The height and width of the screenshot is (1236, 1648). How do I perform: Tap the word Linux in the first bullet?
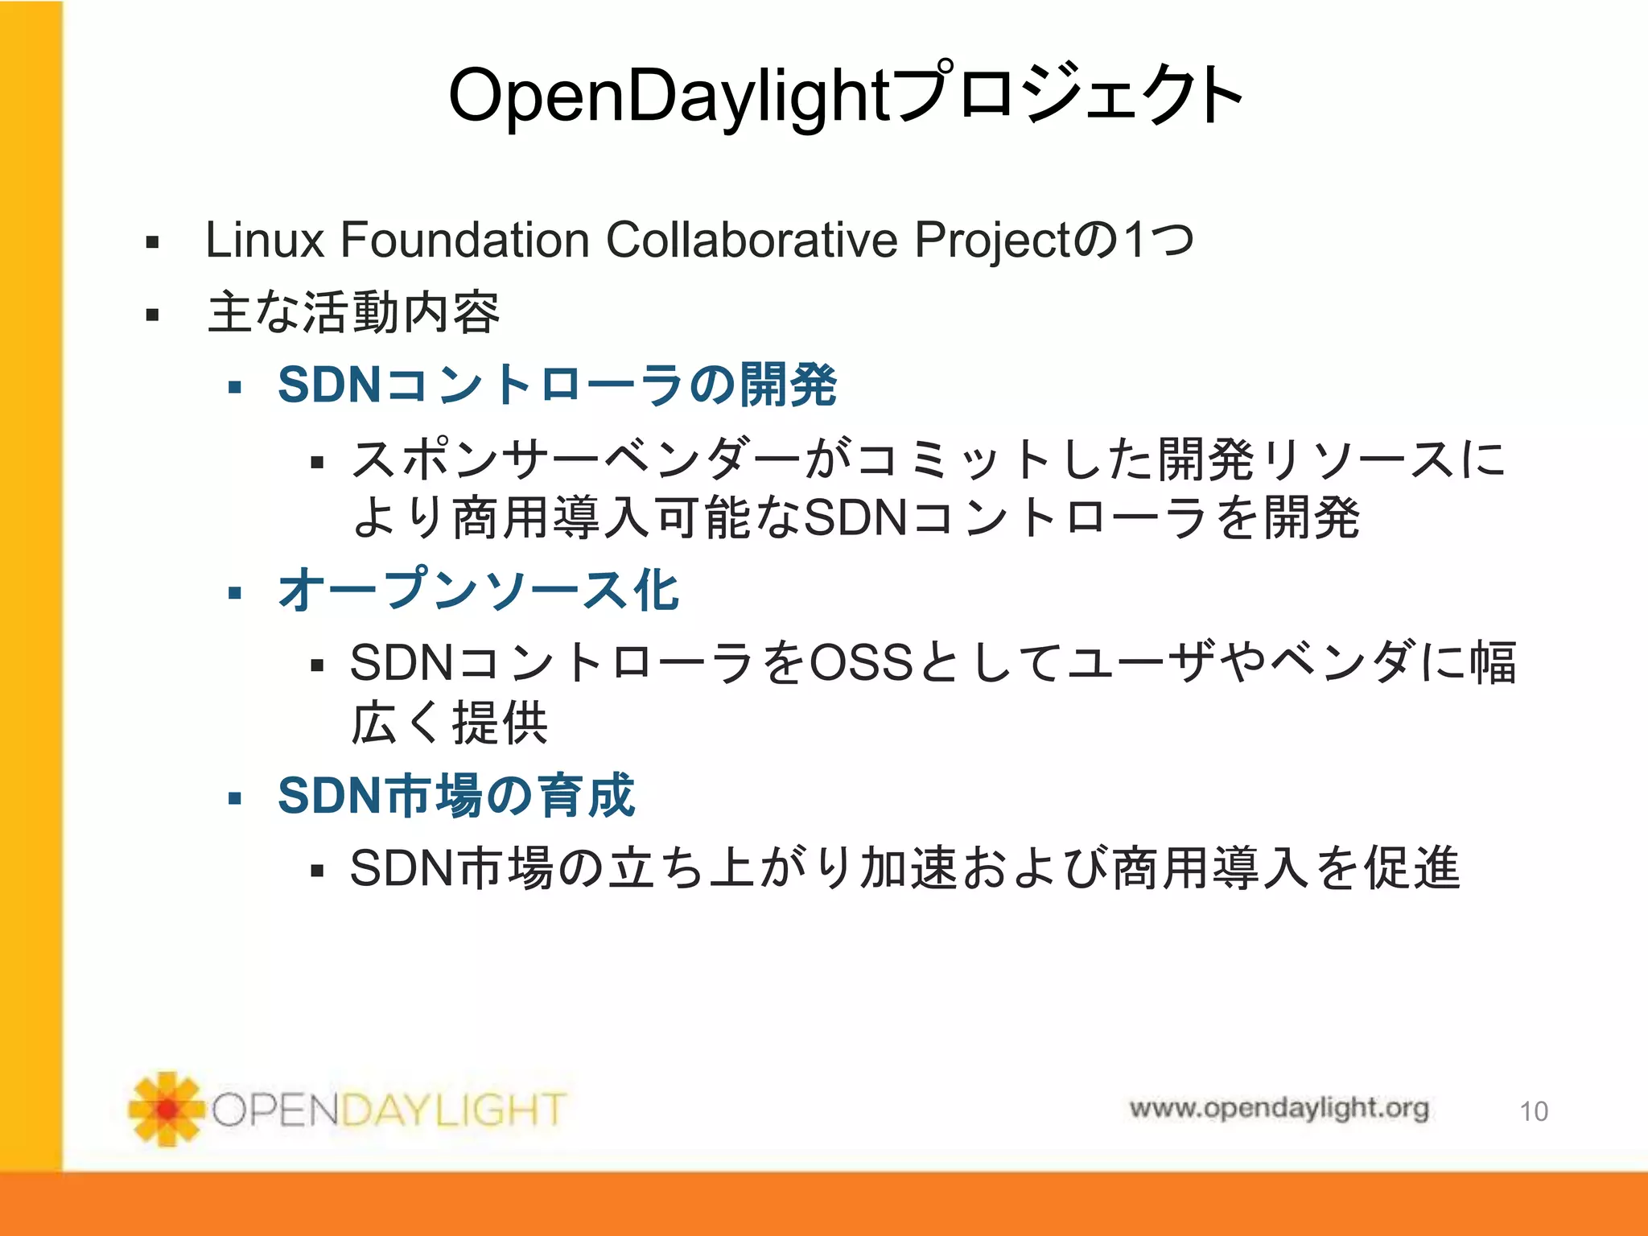[x=264, y=240]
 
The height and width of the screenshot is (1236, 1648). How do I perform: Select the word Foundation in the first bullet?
[x=465, y=240]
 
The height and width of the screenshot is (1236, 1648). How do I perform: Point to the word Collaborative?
[x=751, y=240]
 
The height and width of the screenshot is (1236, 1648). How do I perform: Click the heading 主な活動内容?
[x=354, y=313]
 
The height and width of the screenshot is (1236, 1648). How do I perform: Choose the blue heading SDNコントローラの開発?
[x=557, y=385]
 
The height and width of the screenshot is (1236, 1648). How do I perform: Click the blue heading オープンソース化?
[x=479, y=590]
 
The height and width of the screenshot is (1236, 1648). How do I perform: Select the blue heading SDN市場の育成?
[x=456, y=796]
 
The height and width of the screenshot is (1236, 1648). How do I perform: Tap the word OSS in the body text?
[x=860, y=663]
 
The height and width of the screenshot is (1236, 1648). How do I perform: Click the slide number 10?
[x=1534, y=1111]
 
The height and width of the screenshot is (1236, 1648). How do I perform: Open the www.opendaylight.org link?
[x=1279, y=1108]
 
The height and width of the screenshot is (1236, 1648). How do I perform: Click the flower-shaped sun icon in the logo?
[x=167, y=1109]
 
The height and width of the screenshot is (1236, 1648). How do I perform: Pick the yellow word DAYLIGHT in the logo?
[x=454, y=1110]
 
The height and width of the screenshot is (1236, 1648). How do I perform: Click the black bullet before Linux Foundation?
[x=152, y=242]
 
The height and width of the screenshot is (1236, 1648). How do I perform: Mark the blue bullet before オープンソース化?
[x=235, y=594]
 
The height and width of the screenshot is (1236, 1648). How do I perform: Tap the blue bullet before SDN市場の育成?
[x=235, y=799]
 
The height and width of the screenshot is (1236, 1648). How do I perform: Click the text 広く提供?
[x=450, y=723]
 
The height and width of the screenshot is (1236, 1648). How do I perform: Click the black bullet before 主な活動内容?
[x=152, y=315]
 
